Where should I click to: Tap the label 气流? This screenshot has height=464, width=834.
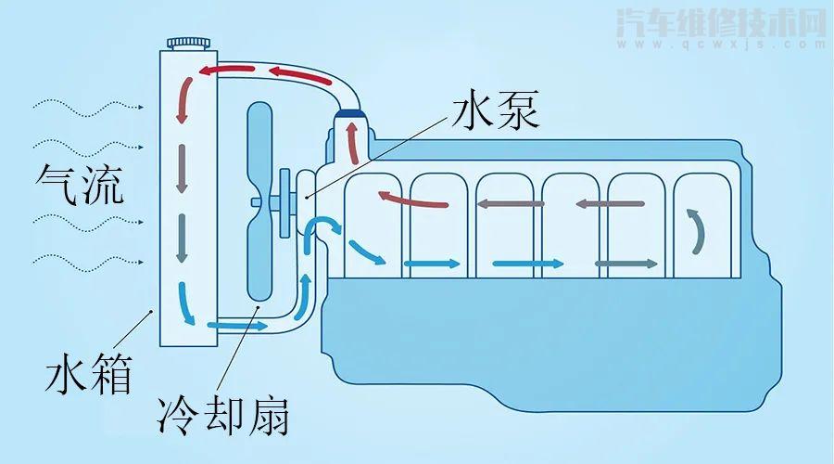[82, 184]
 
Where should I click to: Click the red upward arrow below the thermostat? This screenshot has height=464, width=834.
[352, 143]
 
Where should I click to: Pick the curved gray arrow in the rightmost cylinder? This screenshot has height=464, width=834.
[695, 230]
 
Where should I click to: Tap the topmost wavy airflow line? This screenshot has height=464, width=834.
[88, 108]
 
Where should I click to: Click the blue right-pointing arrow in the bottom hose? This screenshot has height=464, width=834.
[238, 326]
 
